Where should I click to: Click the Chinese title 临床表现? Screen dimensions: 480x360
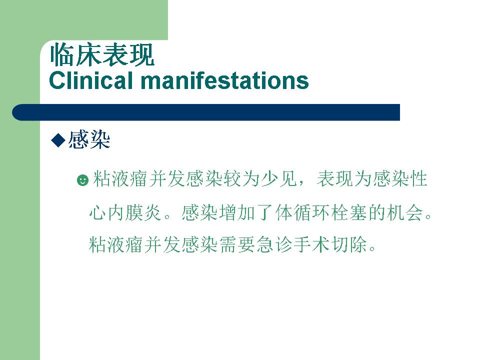tap(102, 55)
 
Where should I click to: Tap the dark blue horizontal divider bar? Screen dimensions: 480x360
tap(206, 112)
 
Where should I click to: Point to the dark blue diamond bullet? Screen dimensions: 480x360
tap(58, 140)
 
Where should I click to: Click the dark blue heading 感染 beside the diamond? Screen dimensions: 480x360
tap(89, 140)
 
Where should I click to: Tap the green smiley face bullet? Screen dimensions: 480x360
tap(82, 180)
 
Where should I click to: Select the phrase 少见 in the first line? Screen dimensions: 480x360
tap(279, 179)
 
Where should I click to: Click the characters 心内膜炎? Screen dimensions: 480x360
tap(125, 212)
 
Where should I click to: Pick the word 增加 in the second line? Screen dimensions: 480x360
tap(236, 212)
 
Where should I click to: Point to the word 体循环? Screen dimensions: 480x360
tap(302, 212)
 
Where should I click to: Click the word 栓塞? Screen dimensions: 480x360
tap(348, 212)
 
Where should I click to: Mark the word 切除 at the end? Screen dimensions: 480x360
tap(349, 244)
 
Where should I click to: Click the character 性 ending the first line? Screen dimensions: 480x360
tap(418, 179)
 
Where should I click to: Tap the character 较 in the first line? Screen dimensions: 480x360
tap(232, 179)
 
